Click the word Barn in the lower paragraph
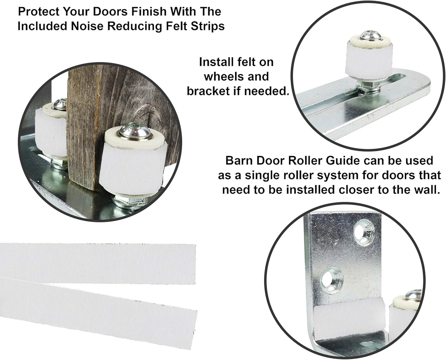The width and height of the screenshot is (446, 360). click(x=238, y=161)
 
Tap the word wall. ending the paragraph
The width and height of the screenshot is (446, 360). click(x=425, y=190)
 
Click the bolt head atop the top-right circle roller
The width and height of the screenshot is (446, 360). click(x=370, y=35)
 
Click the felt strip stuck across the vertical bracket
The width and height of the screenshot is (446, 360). click(x=348, y=318)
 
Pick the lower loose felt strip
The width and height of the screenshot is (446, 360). click(x=98, y=306)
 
